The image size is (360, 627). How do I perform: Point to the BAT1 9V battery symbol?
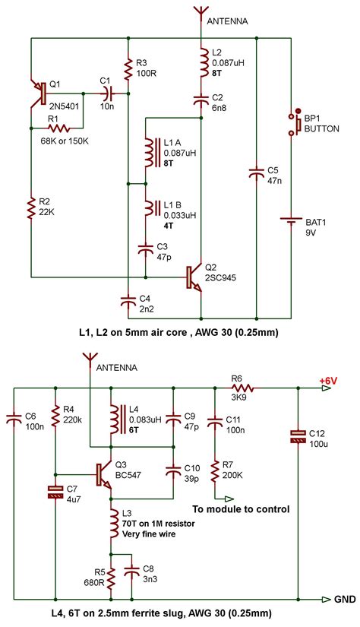tap(292, 222)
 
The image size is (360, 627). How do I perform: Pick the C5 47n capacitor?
tap(256, 174)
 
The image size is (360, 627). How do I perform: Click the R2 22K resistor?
tap(30, 207)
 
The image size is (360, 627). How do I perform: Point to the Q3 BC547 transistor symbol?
tap(105, 473)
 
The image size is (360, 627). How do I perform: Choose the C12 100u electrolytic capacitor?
tap(298, 436)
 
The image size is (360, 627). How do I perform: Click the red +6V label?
tap(328, 379)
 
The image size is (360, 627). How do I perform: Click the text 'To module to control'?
tap(242, 508)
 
